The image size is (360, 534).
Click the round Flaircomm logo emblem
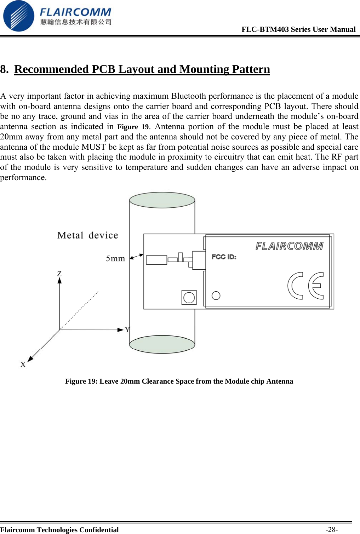18,16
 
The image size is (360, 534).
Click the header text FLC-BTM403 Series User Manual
298,29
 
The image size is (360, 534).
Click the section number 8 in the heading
4,69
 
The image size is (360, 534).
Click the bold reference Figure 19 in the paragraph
133,127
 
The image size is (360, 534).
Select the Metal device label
87,235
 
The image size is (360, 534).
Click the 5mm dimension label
115,259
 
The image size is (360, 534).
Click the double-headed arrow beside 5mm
136,257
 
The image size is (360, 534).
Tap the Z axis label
59,274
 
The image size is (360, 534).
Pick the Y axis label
127,330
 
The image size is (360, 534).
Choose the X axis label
23,364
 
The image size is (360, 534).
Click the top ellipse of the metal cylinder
162,200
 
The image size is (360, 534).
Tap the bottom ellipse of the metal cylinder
162,344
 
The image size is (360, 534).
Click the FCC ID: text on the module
224,257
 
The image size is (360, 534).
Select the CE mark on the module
305,286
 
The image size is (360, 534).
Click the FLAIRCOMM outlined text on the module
289,246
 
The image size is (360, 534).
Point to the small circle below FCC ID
216,295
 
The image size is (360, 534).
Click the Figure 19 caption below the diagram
179,381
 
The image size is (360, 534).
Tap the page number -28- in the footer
332,529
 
